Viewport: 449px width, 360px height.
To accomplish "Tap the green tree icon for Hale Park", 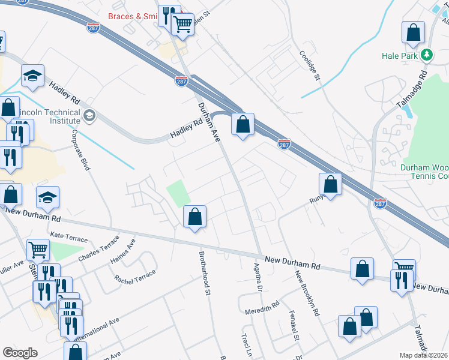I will coord(427,55).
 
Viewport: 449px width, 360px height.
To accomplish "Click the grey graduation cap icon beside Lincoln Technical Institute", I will coord(89,115).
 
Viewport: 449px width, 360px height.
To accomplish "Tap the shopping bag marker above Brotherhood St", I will coord(194,217).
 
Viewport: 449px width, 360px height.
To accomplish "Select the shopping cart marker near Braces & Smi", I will coord(182,25).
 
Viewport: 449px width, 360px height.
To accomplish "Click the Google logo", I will coord(20,353).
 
